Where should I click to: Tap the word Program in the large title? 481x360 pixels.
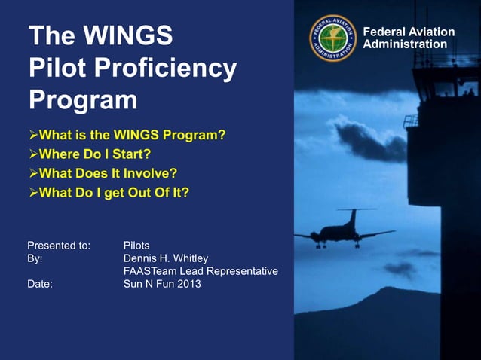tap(83, 100)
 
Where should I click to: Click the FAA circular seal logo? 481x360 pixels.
tap(332, 38)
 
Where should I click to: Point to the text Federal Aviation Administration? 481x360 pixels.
tap(409, 38)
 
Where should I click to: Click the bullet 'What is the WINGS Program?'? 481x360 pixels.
tap(131, 136)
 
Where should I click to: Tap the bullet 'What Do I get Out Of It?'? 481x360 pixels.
tap(113, 192)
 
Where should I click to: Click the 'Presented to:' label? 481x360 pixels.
tap(59, 246)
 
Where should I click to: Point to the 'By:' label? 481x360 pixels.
tap(35, 258)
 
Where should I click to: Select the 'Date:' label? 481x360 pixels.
tap(40, 284)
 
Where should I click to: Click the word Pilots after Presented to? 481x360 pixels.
tap(136, 246)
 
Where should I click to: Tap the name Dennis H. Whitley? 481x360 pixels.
tap(165, 258)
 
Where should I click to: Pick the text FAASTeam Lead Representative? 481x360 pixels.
tap(201, 271)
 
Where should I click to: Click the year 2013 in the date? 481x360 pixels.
tap(188, 284)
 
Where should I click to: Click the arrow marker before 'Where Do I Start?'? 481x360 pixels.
tap(32, 154)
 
